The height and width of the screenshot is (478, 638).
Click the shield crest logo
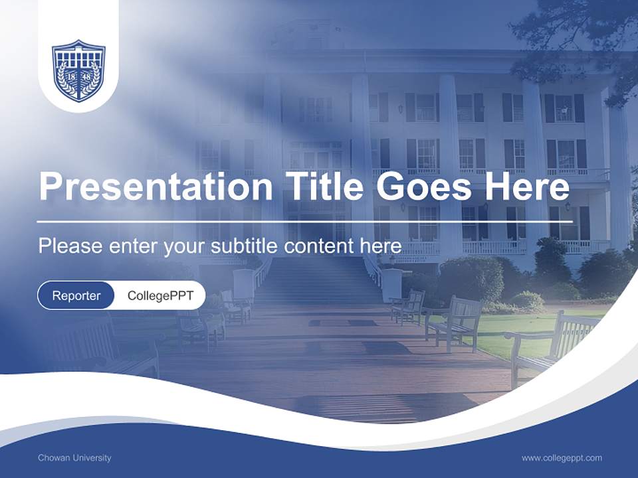[78, 70]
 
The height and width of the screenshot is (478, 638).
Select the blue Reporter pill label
[76, 295]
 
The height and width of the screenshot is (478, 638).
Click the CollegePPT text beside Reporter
[160, 295]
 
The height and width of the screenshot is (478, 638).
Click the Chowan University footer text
[74, 457]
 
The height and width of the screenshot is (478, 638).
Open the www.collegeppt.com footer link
[562, 457]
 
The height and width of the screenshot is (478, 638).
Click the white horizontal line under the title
[304, 221]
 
